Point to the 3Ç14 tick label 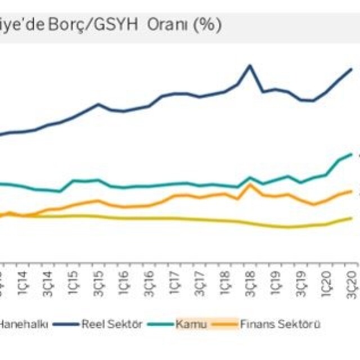pyautogui.click(x=47, y=280)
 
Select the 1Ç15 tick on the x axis pyautogui.click(x=73, y=280)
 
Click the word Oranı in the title pyautogui.click(x=168, y=25)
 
